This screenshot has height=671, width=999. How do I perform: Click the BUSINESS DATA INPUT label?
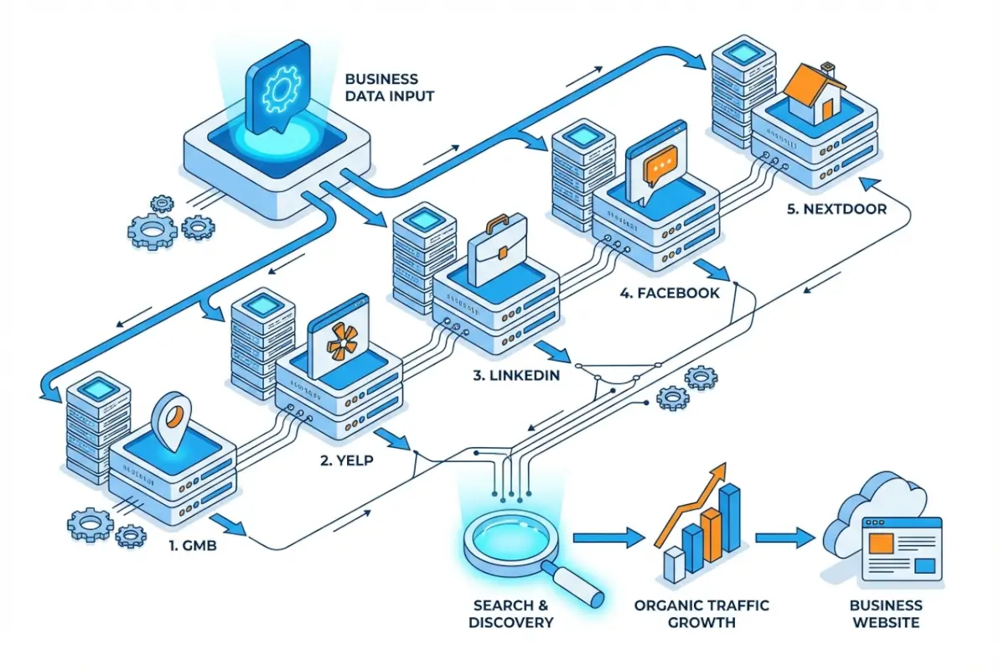tap(390, 87)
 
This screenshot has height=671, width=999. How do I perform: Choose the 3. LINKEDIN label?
tap(515, 376)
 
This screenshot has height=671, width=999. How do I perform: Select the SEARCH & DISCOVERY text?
tap(511, 614)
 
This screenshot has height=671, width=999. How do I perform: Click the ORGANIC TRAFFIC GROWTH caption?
tap(701, 614)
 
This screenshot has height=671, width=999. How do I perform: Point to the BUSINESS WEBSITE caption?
tap(885, 614)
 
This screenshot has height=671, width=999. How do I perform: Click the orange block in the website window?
tap(881, 544)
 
